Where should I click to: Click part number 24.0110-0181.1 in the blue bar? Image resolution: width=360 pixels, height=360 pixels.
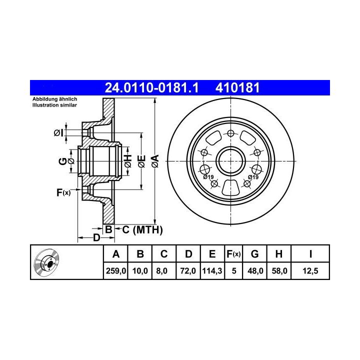(x=151, y=87)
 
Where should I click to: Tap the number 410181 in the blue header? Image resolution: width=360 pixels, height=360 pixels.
(x=237, y=87)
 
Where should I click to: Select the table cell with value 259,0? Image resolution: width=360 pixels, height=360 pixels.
(x=116, y=271)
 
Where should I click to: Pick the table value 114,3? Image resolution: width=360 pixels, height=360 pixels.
(x=212, y=271)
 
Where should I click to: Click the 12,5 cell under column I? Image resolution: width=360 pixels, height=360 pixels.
(x=310, y=271)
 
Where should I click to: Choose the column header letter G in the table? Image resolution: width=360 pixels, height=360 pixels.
(x=254, y=254)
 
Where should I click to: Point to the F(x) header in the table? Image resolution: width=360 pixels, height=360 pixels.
(x=233, y=254)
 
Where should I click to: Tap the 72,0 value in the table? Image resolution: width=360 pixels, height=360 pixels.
(x=188, y=271)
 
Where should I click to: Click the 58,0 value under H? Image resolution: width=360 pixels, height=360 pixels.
(x=279, y=271)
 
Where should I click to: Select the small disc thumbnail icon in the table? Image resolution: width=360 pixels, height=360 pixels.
(x=46, y=262)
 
